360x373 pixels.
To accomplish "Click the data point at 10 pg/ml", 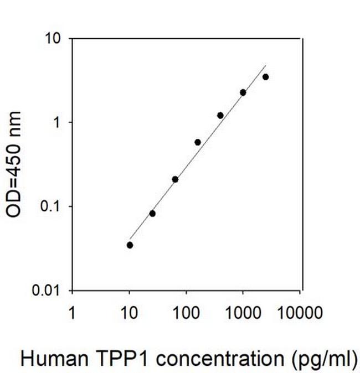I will (x=130, y=245).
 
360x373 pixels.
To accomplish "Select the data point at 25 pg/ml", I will (x=152, y=213).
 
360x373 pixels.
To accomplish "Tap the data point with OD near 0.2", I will (x=175, y=179).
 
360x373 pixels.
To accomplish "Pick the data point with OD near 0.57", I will (x=198, y=142).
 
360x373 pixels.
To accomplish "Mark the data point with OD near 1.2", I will (x=220, y=115).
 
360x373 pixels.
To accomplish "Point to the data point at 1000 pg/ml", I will (x=243, y=92).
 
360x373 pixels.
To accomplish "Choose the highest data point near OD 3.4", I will (x=266, y=77).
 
